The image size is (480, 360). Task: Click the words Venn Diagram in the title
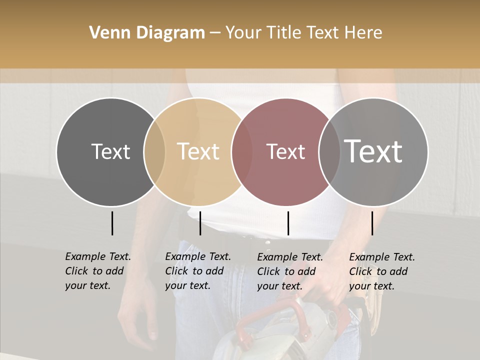tap(147, 33)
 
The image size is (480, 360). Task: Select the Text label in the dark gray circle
tap(110, 151)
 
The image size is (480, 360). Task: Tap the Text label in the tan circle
tap(198, 151)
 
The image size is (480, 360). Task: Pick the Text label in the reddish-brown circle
tap(285, 151)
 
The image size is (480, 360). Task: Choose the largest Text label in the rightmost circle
tap(373, 151)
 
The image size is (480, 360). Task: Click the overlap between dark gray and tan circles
tap(154, 152)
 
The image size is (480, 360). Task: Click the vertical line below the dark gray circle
tap(112, 223)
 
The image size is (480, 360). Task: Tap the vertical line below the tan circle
tap(200, 223)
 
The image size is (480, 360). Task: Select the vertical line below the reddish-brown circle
tap(288, 223)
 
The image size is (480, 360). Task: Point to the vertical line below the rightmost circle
tap(372, 223)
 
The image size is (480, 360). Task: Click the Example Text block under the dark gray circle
tap(97, 271)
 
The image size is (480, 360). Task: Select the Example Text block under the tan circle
tap(197, 271)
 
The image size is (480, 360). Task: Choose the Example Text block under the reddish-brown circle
tap(289, 271)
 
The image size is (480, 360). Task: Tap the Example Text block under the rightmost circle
tap(381, 271)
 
